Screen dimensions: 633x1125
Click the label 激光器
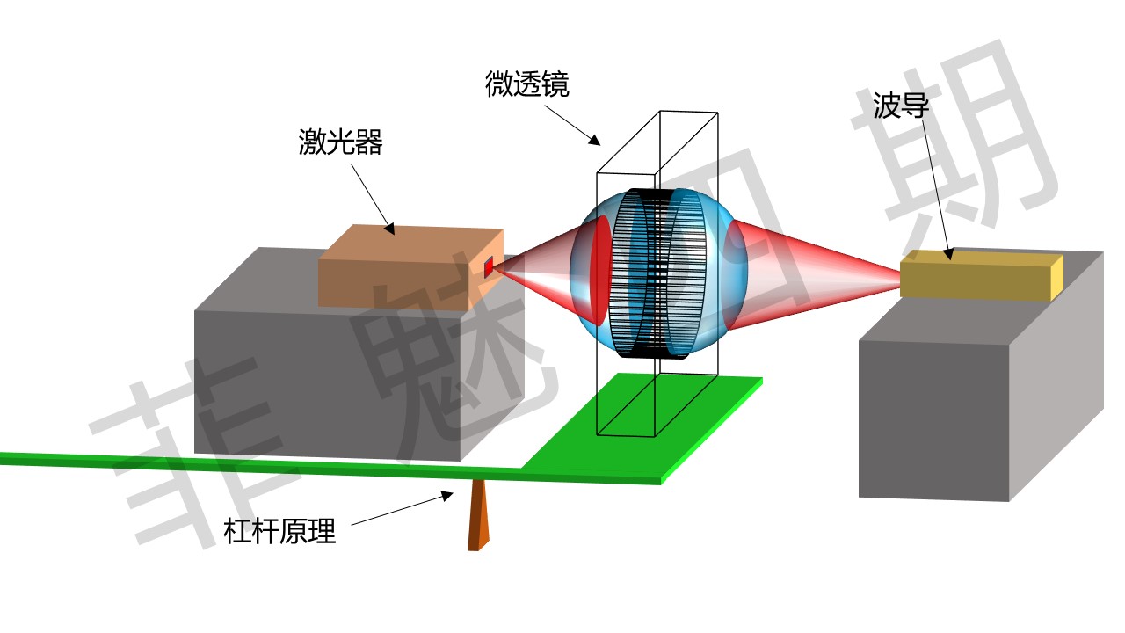coord(340,142)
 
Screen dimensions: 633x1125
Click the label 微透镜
coord(526,84)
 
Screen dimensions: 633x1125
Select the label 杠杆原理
coord(279,531)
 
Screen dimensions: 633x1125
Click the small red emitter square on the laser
coord(489,267)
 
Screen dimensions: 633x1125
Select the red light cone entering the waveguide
coord(817,274)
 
